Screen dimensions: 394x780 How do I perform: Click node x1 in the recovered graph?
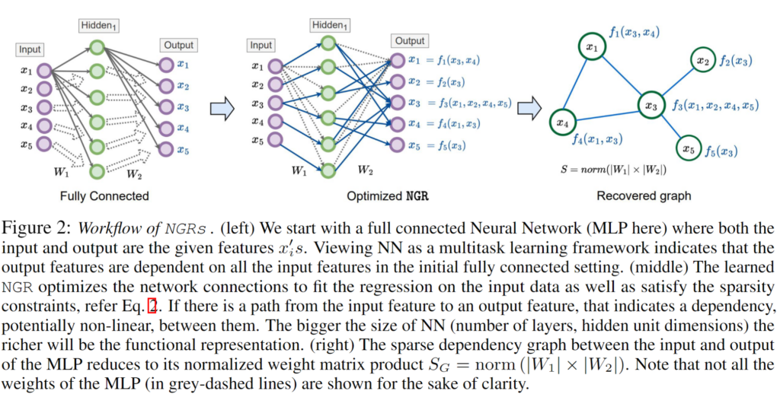click(590, 48)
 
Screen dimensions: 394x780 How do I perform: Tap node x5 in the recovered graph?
click(689, 148)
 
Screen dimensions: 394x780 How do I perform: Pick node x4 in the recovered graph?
click(561, 121)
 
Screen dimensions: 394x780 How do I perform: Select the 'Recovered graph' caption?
click(644, 195)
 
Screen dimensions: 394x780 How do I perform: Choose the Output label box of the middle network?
click(410, 41)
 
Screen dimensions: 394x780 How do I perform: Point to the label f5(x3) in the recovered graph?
click(720, 151)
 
